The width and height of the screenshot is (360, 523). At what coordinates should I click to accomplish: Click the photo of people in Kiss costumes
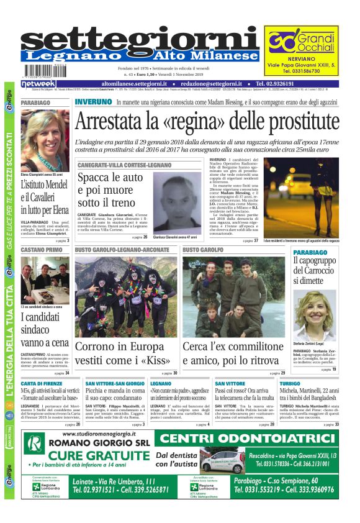[x=125, y=296]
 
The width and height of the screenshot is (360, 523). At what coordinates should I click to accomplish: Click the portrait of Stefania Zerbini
[x=315, y=314]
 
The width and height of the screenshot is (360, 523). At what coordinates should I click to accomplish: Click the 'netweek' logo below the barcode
[x=38, y=83]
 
